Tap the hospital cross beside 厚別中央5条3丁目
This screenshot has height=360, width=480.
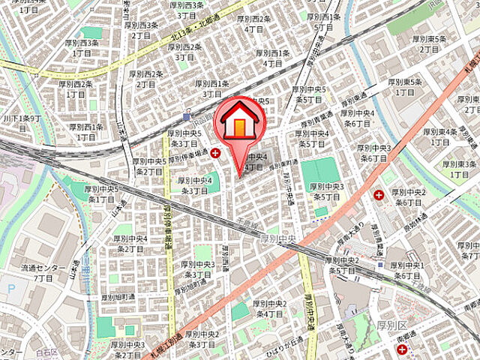(x=216, y=153)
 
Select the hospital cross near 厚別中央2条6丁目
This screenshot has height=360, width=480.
(x=379, y=195)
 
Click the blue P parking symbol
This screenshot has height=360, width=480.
(x=9, y=288)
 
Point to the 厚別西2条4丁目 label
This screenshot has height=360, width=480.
(x=253, y=24)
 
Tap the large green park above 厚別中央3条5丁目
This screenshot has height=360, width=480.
(x=321, y=172)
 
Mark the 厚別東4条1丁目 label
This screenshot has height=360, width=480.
(x=439, y=136)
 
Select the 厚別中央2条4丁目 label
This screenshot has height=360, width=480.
(x=270, y=309)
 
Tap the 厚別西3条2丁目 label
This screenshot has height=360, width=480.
(x=142, y=29)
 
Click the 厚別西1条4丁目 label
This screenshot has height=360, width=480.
(x=273, y=58)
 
